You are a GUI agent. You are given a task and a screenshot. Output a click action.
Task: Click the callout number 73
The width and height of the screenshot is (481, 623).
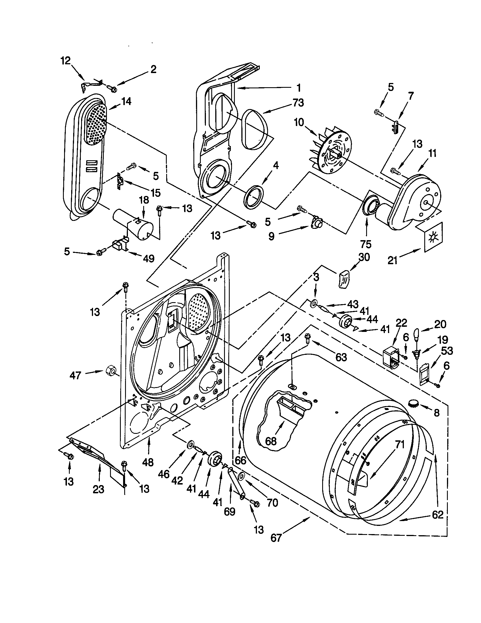tap(298, 103)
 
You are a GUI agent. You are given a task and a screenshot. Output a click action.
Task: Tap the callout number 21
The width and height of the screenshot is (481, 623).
tap(393, 260)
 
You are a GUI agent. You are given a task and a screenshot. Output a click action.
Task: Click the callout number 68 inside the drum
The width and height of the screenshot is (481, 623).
tap(271, 441)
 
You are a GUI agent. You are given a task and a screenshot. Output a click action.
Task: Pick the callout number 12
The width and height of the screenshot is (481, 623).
tap(66, 61)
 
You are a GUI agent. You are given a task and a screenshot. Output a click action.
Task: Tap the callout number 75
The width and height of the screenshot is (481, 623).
tap(366, 244)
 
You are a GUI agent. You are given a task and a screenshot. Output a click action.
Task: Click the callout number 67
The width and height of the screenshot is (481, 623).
tap(276, 538)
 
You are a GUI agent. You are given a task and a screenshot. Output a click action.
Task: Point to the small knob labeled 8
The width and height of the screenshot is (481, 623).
tap(413, 403)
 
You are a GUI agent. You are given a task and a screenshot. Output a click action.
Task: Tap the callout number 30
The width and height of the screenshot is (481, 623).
tap(364, 257)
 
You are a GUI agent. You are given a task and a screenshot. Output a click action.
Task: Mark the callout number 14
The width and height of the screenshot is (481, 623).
tap(126, 101)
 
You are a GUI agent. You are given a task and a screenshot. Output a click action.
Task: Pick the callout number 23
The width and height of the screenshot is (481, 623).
tap(98, 490)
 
